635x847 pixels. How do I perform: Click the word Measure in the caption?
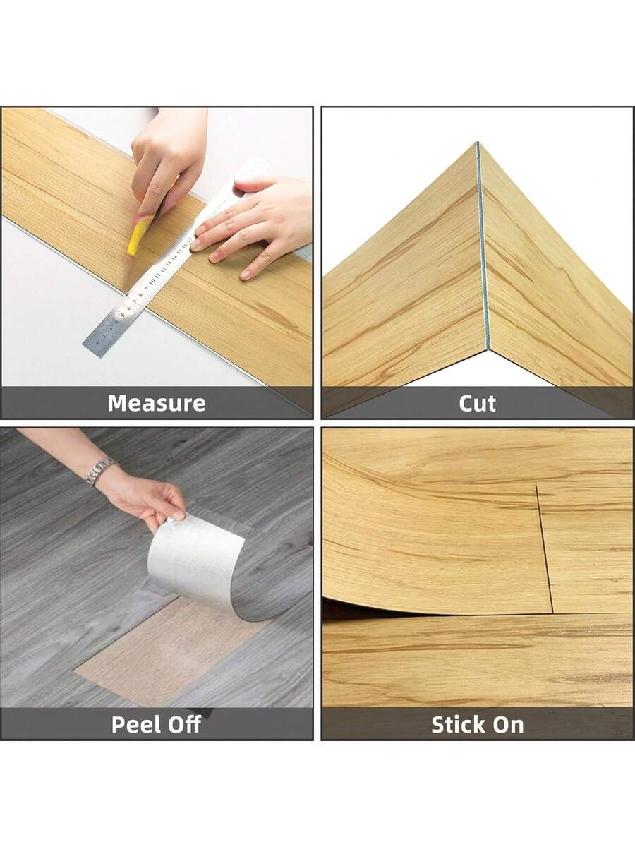pyautogui.click(x=156, y=403)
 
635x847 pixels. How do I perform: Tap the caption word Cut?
pyautogui.click(x=477, y=403)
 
